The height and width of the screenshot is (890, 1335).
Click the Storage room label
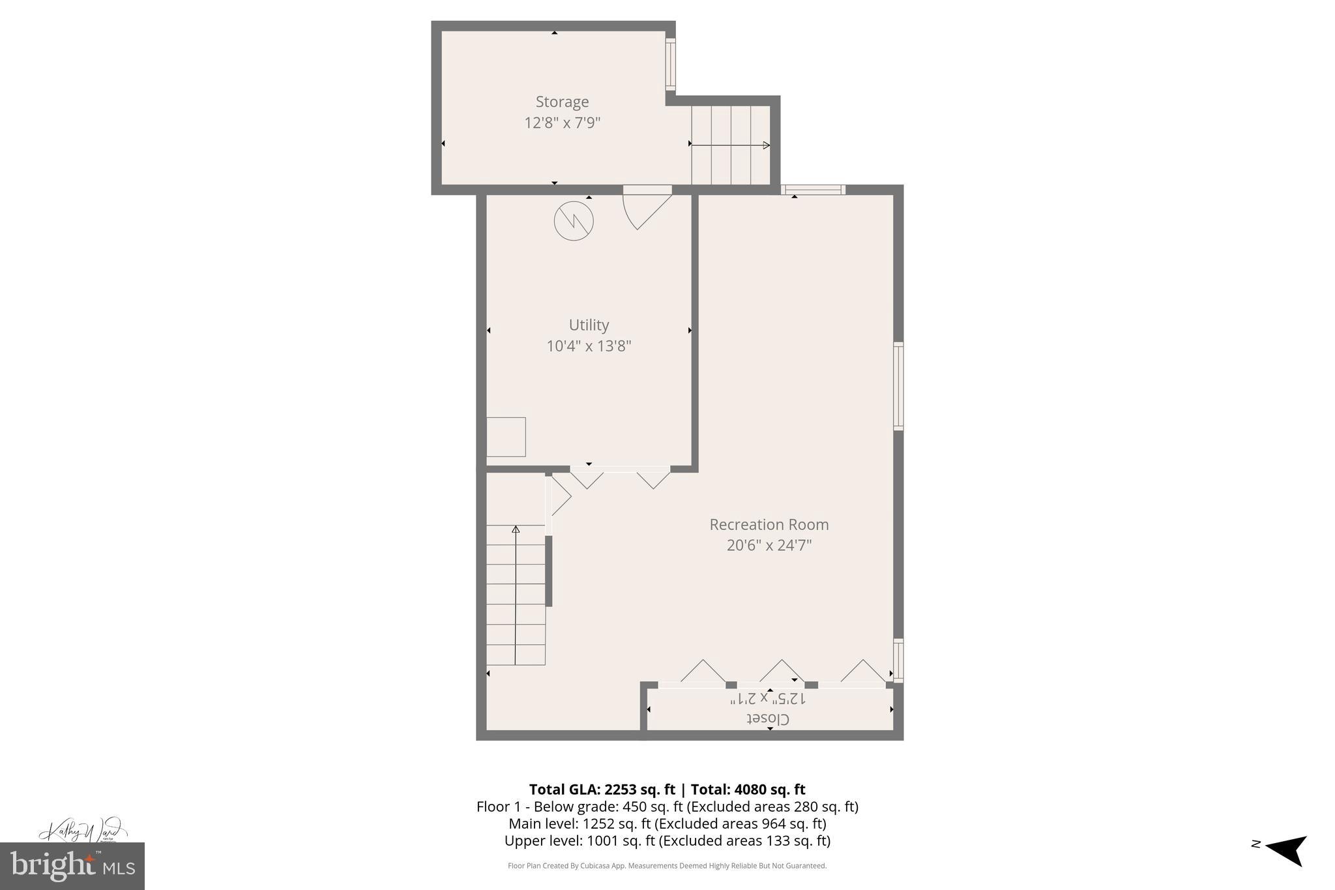tap(562, 102)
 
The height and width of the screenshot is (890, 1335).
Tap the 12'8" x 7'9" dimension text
tap(562, 123)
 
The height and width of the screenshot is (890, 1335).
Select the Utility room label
tap(589, 325)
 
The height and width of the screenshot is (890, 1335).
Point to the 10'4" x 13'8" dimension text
tap(589, 346)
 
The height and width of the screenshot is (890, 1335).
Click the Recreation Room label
tap(769, 524)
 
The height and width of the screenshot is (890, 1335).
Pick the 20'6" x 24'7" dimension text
tap(769, 545)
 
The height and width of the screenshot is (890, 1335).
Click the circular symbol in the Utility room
tap(574, 221)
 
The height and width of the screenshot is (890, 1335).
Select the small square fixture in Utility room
tap(506, 437)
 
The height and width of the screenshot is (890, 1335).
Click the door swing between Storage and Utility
tap(645, 207)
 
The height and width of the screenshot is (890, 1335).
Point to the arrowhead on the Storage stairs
tap(767, 145)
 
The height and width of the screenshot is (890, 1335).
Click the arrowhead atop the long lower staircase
tap(516, 529)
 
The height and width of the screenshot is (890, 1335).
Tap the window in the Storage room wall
tap(670, 64)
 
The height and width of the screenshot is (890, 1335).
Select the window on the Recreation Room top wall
tap(813, 190)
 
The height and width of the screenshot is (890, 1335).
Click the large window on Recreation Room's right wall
tap(898, 386)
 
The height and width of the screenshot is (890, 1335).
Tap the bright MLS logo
tap(72, 866)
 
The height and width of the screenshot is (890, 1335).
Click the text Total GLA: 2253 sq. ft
tap(602, 790)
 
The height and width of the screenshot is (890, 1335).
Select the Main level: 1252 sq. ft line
tap(667, 823)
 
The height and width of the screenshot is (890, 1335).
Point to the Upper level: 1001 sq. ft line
tap(667, 840)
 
